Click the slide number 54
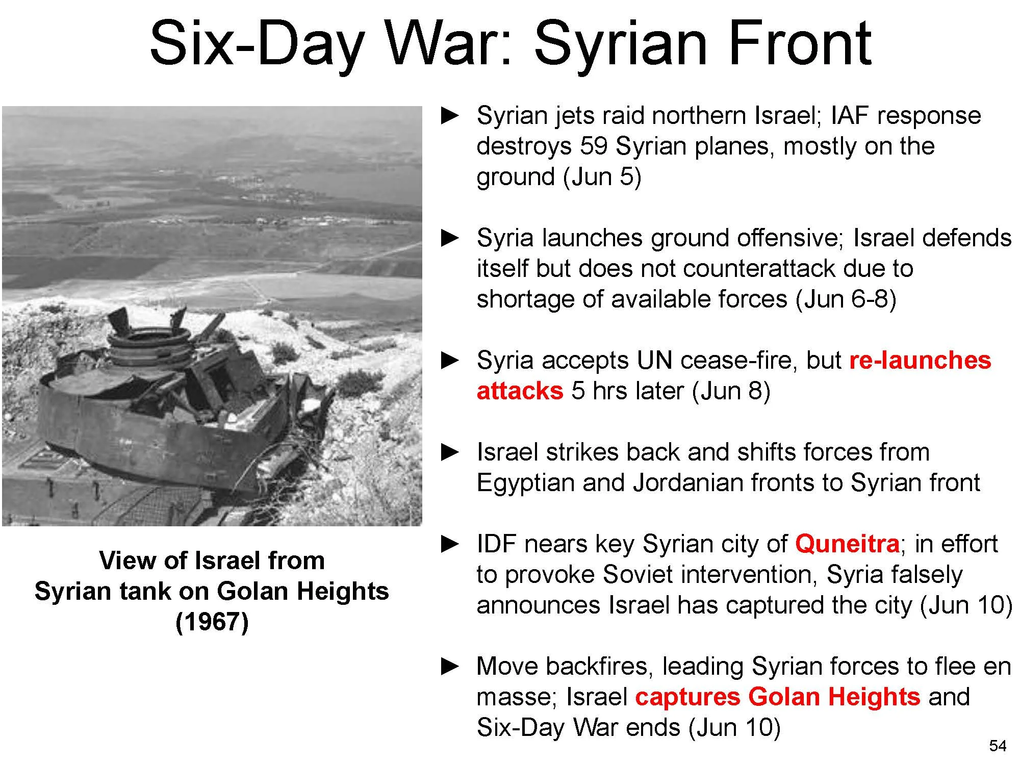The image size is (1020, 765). click(998, 746)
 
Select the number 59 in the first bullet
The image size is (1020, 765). click(594, 146)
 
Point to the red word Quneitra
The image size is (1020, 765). click(847, 544)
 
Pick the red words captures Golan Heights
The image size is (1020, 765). click(777, 697)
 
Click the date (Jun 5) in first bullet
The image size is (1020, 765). click(602, 177)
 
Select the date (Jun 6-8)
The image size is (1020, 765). click(846, 299)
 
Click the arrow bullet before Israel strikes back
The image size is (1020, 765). click(450, 452)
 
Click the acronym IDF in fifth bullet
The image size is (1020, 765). click(496, 544)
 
